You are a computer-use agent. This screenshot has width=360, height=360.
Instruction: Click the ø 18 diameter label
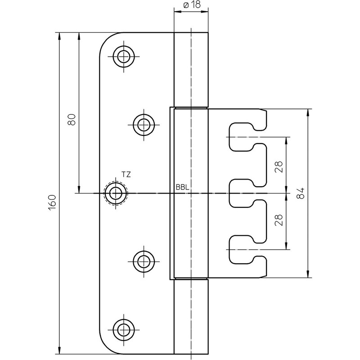[x=191, y=6]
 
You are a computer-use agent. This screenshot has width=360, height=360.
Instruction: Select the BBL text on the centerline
[x=182, y=187]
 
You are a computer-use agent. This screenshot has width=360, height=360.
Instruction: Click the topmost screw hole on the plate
[x=122, y=57]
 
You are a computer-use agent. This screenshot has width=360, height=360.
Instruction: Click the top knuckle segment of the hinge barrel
[x=191, y=70]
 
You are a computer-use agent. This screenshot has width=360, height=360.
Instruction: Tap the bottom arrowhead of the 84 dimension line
[x=308, y=275]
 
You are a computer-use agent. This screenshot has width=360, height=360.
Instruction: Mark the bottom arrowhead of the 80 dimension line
[x=79, y=189]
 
